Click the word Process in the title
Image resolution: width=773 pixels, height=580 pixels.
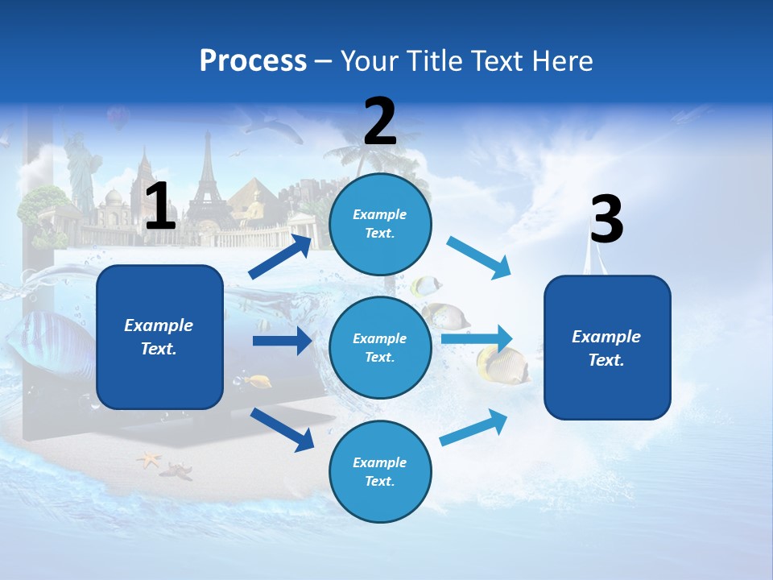point(253,61)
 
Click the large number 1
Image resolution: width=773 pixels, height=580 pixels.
point(160,206)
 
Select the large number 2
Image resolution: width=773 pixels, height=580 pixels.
point(380,122)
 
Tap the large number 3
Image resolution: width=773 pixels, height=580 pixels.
point(606,220)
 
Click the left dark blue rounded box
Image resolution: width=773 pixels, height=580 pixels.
point(159,337)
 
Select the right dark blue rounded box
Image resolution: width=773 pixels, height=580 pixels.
point(607,347)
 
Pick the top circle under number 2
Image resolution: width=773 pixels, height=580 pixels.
point(380,223)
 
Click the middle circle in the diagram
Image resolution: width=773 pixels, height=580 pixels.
point(380,347)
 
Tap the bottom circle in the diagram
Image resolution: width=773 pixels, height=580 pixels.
point(380,471)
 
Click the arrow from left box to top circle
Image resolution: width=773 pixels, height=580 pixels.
point(280,257)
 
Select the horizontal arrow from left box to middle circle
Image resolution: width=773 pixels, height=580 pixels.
point(282,341)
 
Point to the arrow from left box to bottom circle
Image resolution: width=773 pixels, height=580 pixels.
point(282,429)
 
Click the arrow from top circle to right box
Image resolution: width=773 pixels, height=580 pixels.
point(478,258)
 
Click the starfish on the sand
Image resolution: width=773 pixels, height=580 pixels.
point(149,460)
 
